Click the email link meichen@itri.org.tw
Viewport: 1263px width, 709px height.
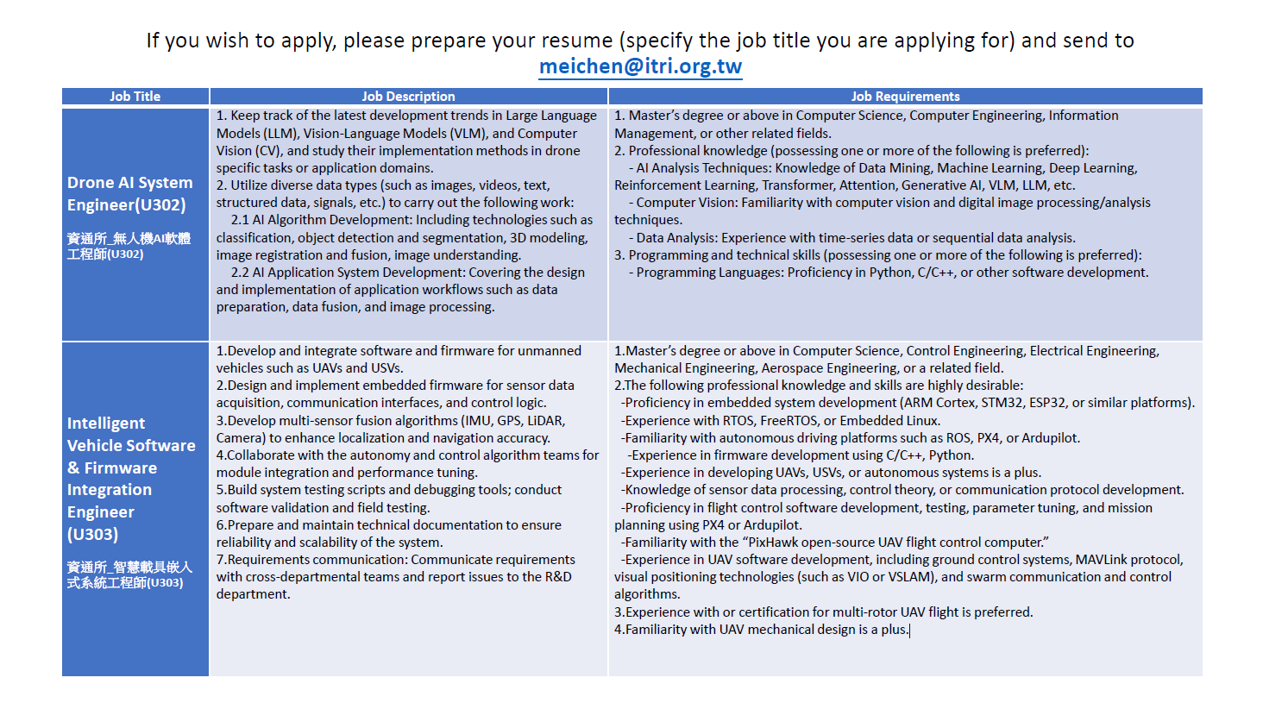pyautogui.click(x=640, y=66)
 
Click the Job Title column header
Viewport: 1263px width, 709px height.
pyautogui.click(x=135, y=97)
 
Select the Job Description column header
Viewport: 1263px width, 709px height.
pyautogui.click(x=408, y=97)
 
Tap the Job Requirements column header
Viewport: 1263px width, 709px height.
pyautogui.click(x=905, y=97)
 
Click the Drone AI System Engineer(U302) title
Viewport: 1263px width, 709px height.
pyautogui.click(x=129, y=193)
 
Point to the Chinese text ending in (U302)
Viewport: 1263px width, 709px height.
pyautogui.click(x=129, y=246)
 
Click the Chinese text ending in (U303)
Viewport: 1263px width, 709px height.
pyautogui.click(x=129, y=574)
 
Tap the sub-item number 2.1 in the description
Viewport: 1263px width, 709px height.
pyautogui.click(x=239, y=220)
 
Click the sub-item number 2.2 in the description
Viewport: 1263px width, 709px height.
pyautogui.click(x=239, y=273)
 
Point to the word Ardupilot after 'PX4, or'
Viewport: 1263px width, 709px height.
pyautogui.click(x=1050, y=438)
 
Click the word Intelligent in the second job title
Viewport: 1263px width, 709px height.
pyautogui.click(x=106, y=424)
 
